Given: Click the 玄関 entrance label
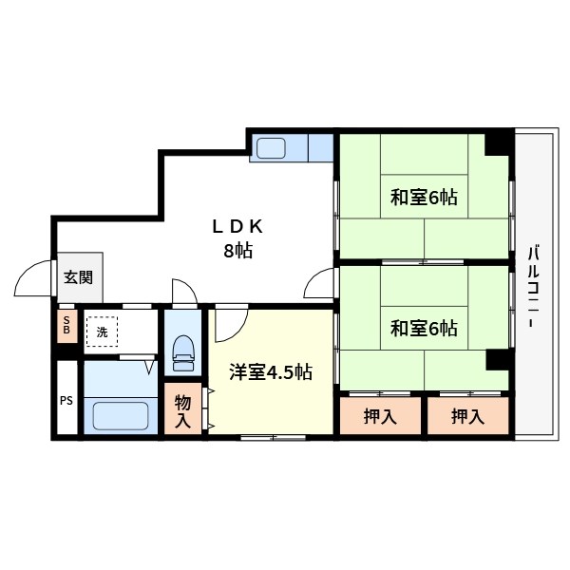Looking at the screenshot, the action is point(79,277).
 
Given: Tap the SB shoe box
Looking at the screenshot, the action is point(67,326).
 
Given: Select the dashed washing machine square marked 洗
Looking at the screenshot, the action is point(103,332).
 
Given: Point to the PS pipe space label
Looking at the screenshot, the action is point(66,401).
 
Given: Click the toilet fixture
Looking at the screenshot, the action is point(182,352).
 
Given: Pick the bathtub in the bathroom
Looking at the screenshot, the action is point(121,415).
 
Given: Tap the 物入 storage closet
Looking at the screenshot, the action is point(182,408).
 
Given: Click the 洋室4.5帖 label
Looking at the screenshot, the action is point(271,371).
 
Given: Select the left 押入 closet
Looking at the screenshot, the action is point(380,416).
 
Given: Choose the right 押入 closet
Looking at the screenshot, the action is point(467,416).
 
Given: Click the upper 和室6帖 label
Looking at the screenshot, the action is point(424,198).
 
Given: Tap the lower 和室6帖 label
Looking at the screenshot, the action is point(424,329).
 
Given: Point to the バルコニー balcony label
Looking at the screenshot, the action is point(533,287).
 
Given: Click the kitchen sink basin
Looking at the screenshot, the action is point(271,148).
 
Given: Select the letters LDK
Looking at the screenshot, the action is point(237,227).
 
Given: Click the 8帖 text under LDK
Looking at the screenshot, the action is point(238,250).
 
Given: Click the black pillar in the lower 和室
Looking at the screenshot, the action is point(497,360).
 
